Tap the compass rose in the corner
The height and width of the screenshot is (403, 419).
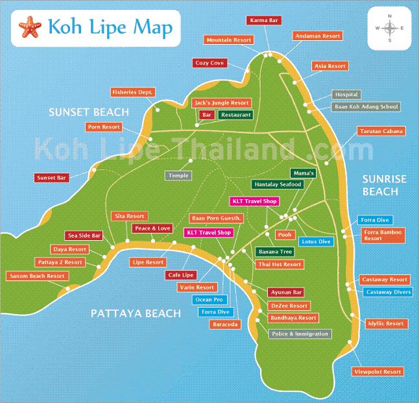[x=389, y=29]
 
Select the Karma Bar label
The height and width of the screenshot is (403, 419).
[x=264, y=21]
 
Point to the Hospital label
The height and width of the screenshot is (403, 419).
[x=346, y=95]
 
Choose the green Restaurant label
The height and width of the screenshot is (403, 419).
[x=235, y=114]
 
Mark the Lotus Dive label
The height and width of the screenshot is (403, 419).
[x=316, y=241]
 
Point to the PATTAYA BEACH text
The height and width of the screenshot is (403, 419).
[x=135, y=313]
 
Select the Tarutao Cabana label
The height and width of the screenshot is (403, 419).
[x=381, y=131]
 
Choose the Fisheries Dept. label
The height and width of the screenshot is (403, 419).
[x=132, y=92]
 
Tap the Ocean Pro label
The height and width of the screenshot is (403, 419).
[x=209, y=300]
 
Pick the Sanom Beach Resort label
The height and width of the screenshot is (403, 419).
[x=37, y=276]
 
